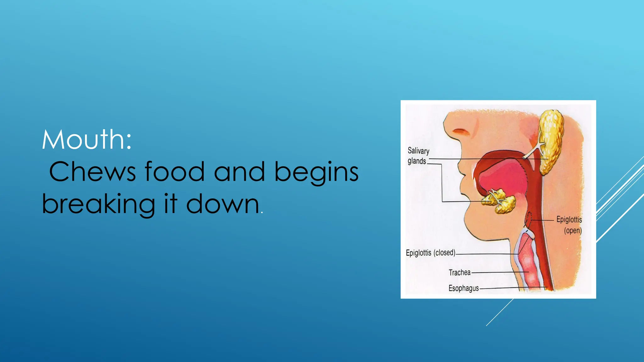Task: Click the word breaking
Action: (98, 204)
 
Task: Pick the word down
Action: (223, 204)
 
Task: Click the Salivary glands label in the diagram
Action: (418, 156)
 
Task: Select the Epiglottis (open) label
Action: (569, 225)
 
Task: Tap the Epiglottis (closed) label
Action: (430, 253)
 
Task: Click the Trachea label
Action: (459, 272)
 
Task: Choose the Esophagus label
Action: (464, 288)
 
